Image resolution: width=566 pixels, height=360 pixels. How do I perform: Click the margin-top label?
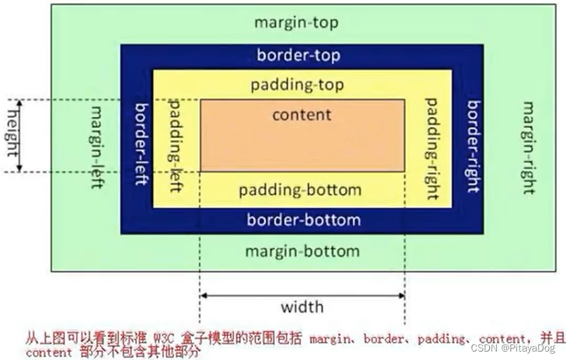[296, 22]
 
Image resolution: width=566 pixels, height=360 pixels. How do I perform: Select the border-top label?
[298, 55]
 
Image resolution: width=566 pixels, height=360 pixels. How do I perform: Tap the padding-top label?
[297, 85]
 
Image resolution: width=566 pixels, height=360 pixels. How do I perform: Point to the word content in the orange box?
[302, 114]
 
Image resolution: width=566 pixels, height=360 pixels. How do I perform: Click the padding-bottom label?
[300, 190]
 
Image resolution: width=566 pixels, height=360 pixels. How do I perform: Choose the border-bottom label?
[303, 220]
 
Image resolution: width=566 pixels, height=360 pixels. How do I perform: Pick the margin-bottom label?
[302, 252]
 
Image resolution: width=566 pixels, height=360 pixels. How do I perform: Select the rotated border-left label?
[140, 144]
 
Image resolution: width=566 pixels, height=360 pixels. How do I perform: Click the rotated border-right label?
[472, 147]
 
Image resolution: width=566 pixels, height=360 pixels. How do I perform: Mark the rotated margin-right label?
[528, 147]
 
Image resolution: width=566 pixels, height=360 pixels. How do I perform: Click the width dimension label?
[302, 306]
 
